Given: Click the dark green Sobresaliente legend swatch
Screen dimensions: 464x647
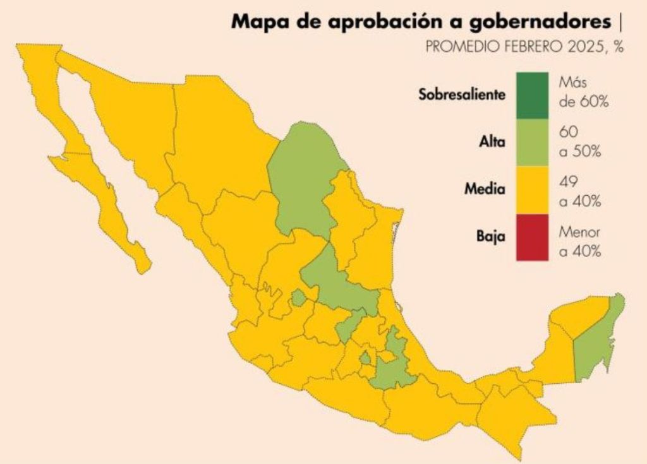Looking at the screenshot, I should [x=531, y=95].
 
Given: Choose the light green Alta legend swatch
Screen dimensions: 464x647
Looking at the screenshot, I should [x=531, y=143].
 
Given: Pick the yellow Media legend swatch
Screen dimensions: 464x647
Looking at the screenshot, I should [x=531, y=189].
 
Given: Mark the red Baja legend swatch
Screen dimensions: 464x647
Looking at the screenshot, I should [x=531, y=237].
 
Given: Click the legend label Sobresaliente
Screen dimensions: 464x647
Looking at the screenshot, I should [x=462, y=95].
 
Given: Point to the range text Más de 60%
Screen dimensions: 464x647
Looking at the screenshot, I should [x=583, y=92].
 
